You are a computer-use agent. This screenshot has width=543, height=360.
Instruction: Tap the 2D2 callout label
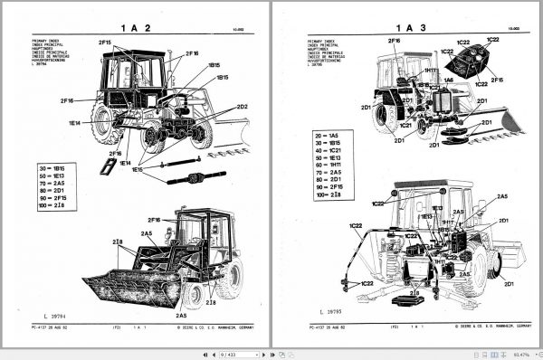pos(242,107)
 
